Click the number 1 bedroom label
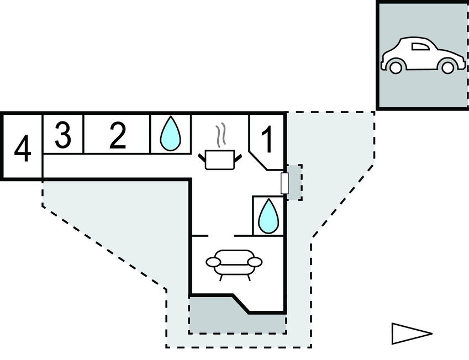coord(267,139)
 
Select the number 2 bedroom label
coord(118,136)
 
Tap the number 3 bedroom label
coord(63,136)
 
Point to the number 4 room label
coord(23,149)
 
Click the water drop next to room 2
coord(171,134)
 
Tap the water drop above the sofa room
coord(268,216)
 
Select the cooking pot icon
coord(220,160)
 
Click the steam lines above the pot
coord(220,136)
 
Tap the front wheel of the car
coord(447,67)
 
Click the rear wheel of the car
coord(396,67)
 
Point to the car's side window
coord(420,46)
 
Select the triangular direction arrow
coord(412,333)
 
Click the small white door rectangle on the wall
coord(284,183)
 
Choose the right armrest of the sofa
coord(255,262)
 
